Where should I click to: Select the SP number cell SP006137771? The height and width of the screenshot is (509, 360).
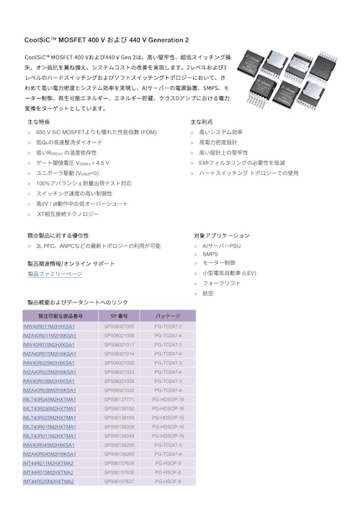[x=119, y=399]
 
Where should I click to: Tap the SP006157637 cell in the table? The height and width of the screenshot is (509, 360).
[x=119, y=481]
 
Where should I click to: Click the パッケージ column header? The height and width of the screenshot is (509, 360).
[x=168, y=316]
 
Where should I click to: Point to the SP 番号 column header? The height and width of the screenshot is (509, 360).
[x=119, y=316]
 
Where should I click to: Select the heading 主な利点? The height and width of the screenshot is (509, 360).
[x=202, y=122]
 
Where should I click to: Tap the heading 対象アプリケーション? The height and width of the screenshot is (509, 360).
[x=222, y=235]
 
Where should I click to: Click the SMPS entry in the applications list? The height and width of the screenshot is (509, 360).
[x=210, y=254]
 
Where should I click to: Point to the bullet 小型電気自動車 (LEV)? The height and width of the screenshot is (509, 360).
[x=229, y=274]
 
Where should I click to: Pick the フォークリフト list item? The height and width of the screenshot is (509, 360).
[x=221, y=284]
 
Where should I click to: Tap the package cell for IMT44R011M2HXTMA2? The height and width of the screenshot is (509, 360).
[x=168, y=463]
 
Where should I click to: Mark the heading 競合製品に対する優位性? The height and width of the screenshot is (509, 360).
[x=58, y=235]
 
